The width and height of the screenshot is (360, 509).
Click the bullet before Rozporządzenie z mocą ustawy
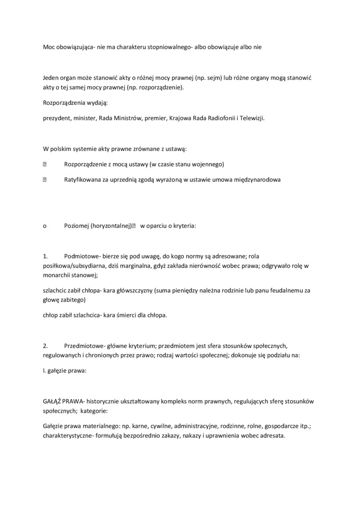pos(45,164)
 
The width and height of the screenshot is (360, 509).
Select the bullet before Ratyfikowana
pos(45,180)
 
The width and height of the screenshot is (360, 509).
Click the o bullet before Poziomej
pos(45,226)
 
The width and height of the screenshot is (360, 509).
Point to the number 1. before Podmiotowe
pos(45,256)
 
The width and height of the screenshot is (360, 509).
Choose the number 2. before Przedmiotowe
pos(45,346)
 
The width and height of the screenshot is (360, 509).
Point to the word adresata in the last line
pos(271,436)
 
